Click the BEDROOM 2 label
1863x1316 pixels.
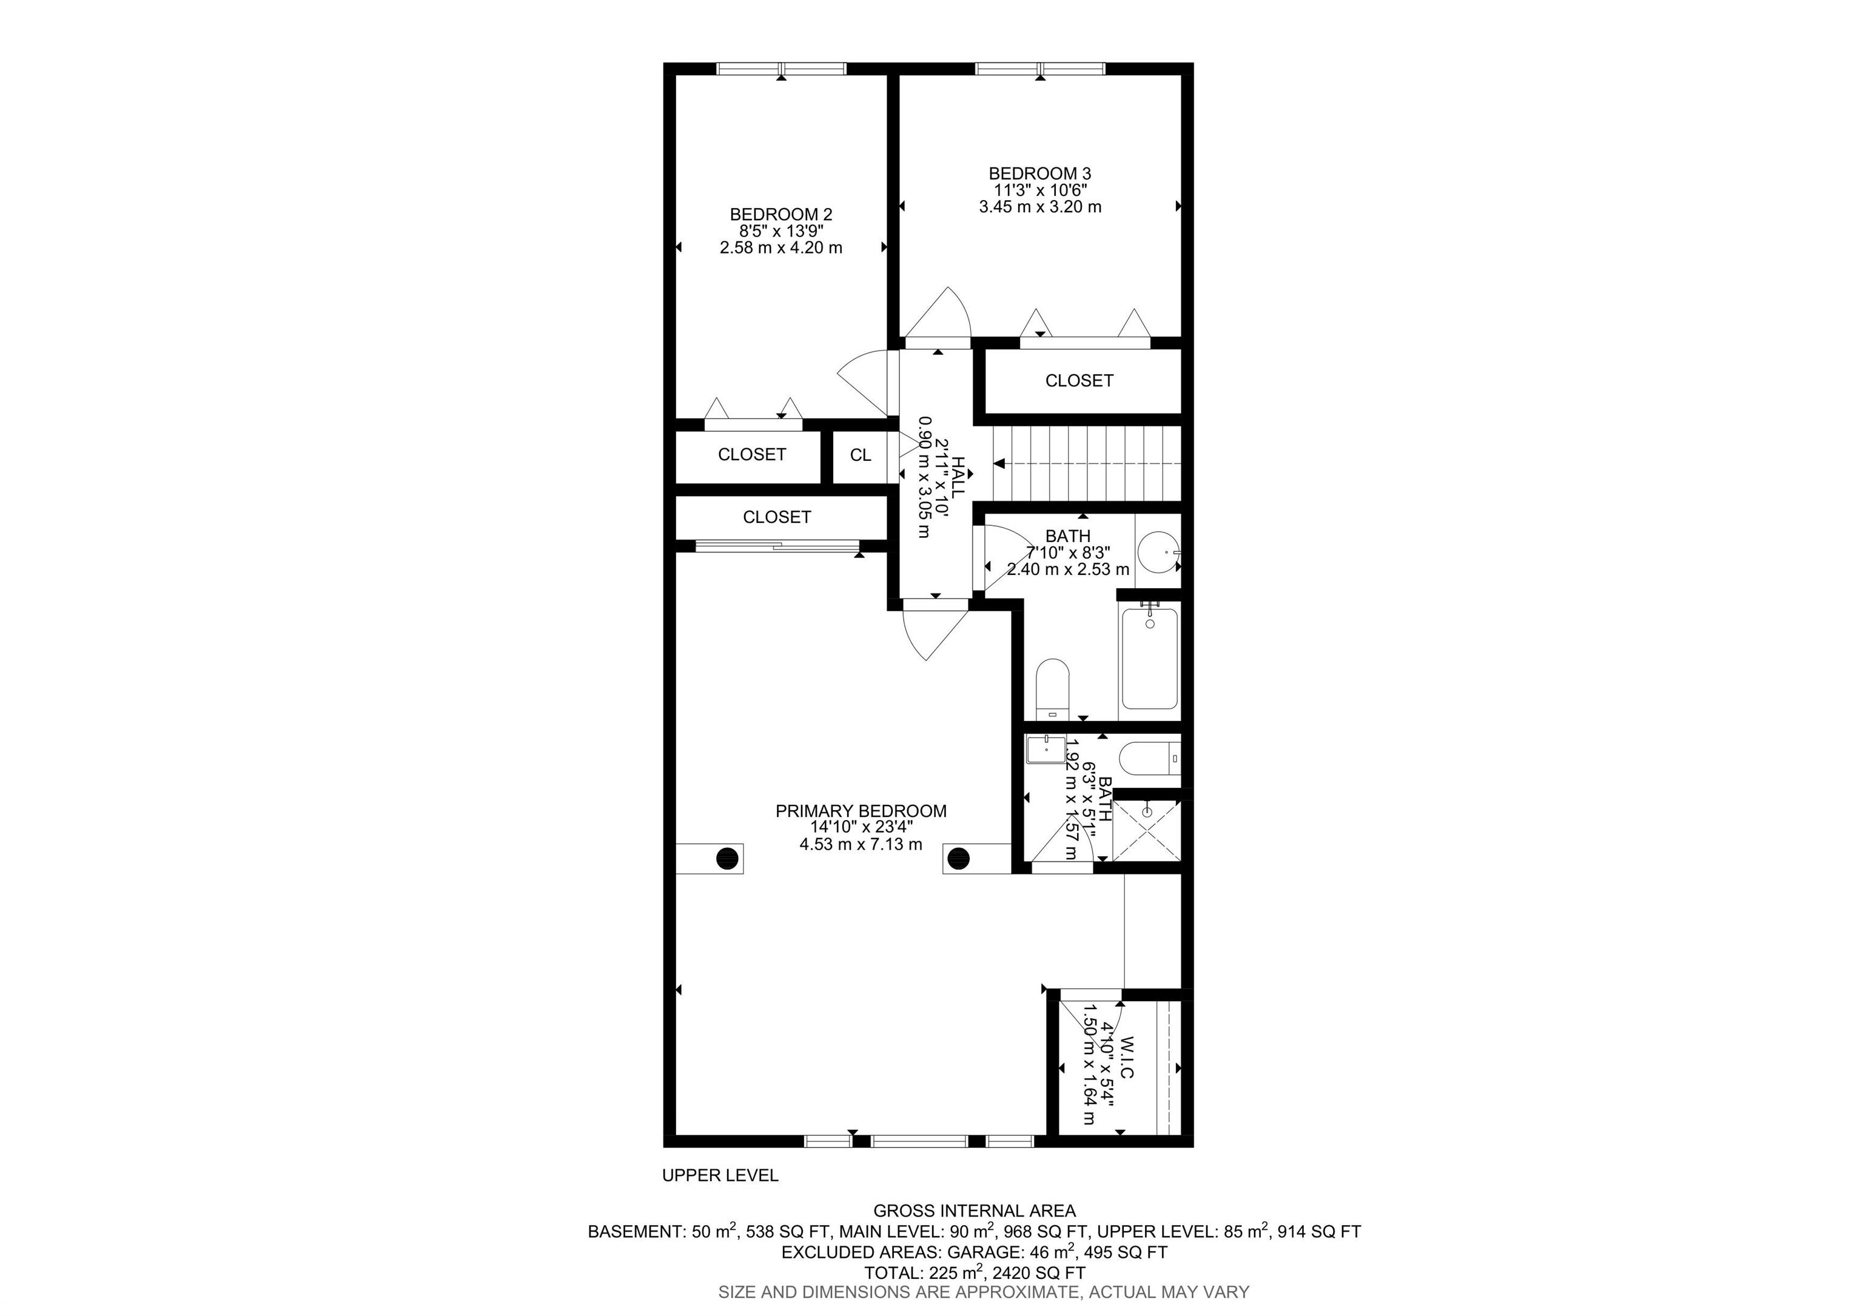point(780,214)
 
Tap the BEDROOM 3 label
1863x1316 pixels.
point(1039,173)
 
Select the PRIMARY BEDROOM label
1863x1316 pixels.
point(861,811)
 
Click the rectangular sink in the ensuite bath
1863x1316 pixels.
point(1045,750)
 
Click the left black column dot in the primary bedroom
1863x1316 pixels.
point(728,858)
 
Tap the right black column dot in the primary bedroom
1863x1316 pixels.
point(958,858)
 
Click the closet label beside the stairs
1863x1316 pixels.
point(1078,380)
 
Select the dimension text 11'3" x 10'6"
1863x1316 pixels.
point(1040,190)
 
